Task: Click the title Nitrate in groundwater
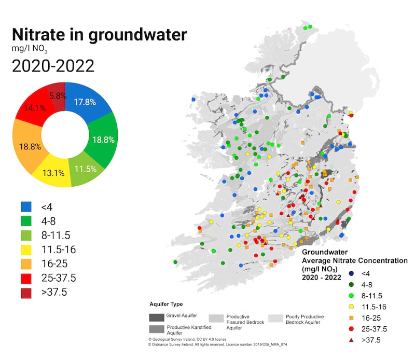(x=99, y=35)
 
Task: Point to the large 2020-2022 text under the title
(x=53, y=66)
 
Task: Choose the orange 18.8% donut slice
(x=30, y=146)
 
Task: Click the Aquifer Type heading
(x=165, y=304)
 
